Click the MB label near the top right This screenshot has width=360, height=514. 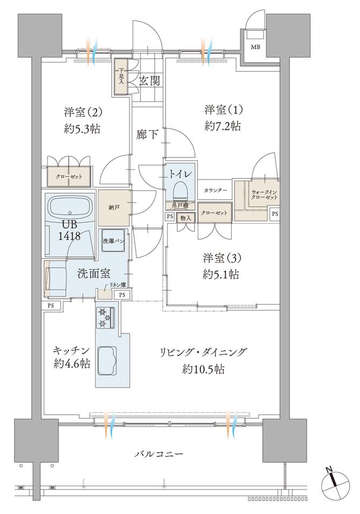pyautogui.click(x=252, y=47)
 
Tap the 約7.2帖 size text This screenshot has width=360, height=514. pyautogui.click(x=222, y=127)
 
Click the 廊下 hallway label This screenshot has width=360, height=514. pyautogui.click(x=147, y=134)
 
